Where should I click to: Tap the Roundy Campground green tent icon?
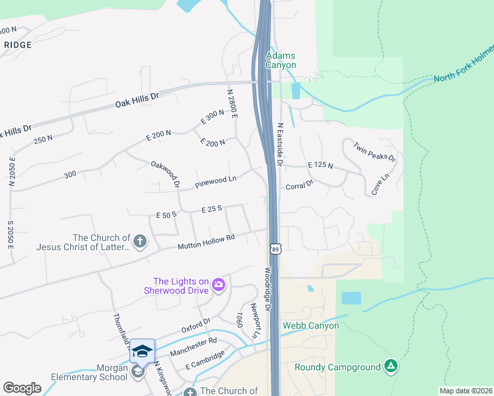point(391,366)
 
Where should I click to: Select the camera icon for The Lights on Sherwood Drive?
point(219,285)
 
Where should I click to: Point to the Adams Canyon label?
point(281,61)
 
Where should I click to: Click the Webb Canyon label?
point(310,325)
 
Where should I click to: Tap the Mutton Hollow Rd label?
point(206,242)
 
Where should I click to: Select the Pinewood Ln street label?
point(215,181)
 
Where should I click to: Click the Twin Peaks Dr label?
point(374,152)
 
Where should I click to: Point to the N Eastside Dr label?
point(280,144)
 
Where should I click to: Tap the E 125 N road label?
point(320,165)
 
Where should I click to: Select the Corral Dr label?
point(299,187)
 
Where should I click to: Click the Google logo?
point(22,388)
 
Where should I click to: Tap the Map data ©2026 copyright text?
point(466,391)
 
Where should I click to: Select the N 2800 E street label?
point(231,104)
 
